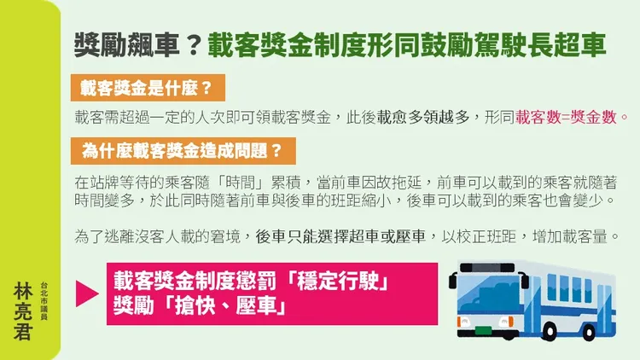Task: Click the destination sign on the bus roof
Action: coord(489,267)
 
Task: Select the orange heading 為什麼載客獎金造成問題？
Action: coord(177,150)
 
